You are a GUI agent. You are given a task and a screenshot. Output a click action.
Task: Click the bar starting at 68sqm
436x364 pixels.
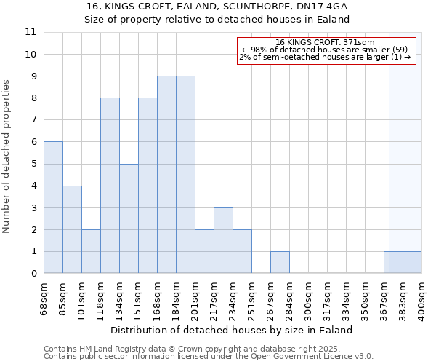tap(53, 207)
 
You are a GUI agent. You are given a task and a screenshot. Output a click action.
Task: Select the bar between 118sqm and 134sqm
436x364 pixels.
tap(110, 186)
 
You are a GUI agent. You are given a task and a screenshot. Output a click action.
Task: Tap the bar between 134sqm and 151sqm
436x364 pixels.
tap(129, 218)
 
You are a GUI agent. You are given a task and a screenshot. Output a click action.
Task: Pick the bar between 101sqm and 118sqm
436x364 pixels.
tap(91, 251)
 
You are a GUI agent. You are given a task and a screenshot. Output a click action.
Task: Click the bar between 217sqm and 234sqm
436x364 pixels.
tap(223, 240)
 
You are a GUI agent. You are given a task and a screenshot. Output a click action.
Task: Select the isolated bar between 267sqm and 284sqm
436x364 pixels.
tap(280, 262)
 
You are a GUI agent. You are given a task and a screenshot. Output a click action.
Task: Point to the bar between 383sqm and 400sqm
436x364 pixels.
tap(412, 262)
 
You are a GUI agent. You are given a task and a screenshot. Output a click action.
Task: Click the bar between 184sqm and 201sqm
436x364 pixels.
tap(185, 175)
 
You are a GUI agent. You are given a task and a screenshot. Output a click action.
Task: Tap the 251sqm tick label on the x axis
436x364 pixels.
tap(251, 295)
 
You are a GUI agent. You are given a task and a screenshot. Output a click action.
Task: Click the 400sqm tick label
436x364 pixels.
tap(421, 295)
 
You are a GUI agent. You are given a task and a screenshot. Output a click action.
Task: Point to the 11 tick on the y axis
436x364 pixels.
tap(30, 32)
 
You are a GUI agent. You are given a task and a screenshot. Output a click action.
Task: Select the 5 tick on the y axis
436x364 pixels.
tap(33, 164)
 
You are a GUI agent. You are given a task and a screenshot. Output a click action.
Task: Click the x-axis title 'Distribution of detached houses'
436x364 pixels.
tap(232, 330)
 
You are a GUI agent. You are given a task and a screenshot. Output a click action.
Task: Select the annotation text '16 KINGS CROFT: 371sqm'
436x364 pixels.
tap(325, 42)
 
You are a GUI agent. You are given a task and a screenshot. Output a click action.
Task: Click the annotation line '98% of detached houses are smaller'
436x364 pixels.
tap(325, 50)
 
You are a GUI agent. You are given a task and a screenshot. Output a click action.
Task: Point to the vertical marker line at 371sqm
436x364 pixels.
tap(389, 146)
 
